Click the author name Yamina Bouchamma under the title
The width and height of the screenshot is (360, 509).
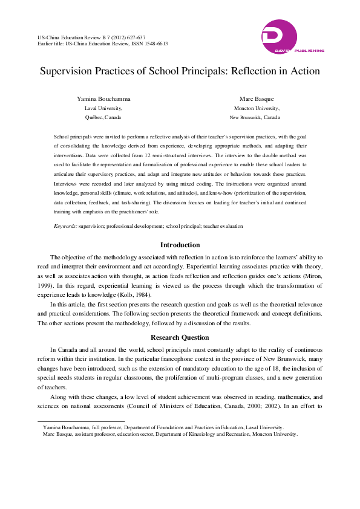[x=103, y=98]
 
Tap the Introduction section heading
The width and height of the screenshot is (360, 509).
[x=180, y=245]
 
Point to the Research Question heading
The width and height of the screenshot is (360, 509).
[x=180, y=337]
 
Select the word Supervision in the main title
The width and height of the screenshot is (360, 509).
[x=68, y=71]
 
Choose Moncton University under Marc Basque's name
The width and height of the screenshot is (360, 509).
[x=258, y=108]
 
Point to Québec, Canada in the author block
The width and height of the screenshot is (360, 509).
[x=103, y=117]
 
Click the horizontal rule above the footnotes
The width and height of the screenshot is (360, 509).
[x=81, y=421]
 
